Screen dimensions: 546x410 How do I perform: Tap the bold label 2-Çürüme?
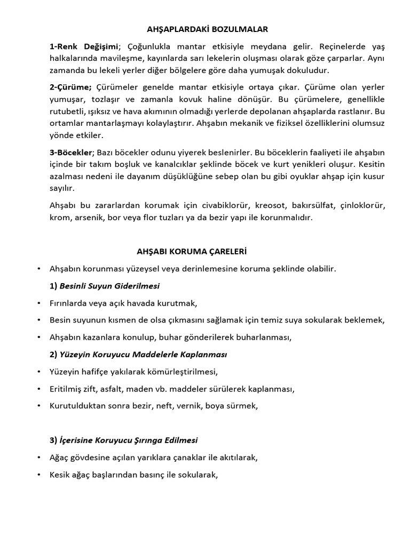70,87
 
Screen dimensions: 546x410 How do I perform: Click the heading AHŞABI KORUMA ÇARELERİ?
190,250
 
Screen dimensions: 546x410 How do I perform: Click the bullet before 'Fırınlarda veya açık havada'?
40,303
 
